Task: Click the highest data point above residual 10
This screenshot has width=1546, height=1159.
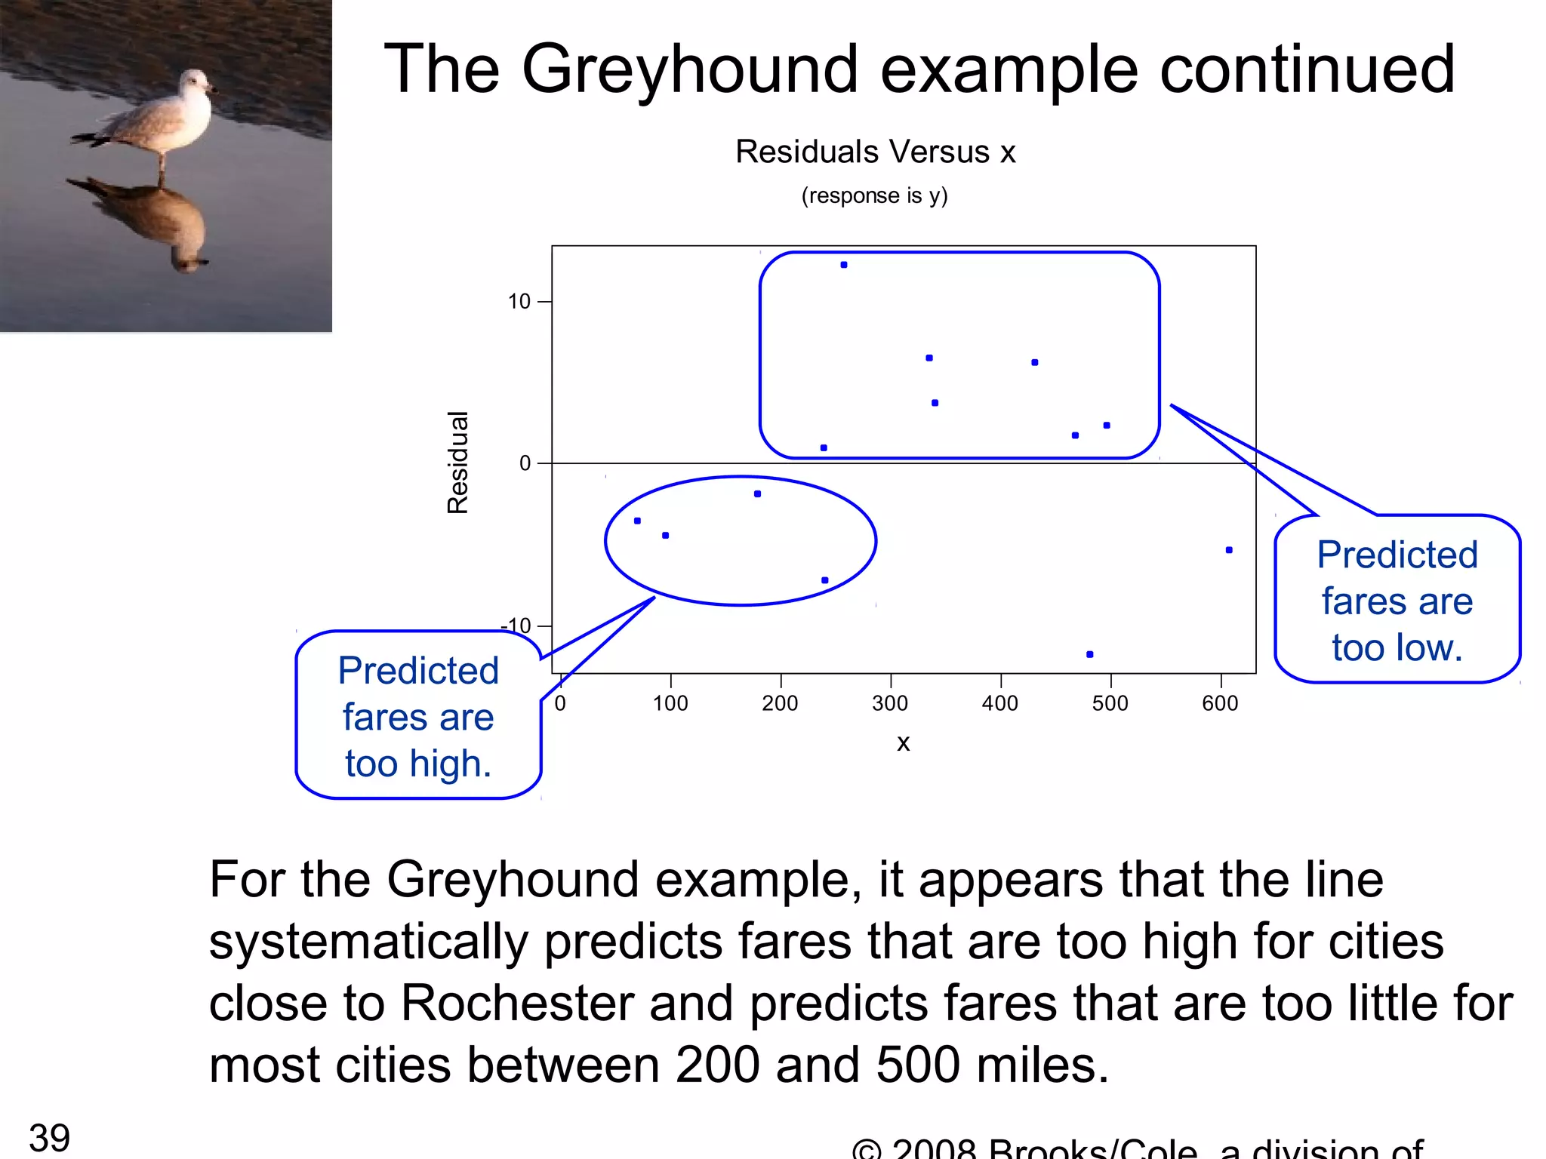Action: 844,265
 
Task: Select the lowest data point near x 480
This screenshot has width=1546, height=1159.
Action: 1089,654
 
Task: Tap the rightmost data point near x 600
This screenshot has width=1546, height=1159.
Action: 1229,550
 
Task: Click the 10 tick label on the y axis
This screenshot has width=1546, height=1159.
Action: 519,302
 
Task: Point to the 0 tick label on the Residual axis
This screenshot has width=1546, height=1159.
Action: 525,463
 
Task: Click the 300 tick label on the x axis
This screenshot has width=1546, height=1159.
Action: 890,703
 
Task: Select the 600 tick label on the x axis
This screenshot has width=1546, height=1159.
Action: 1220,703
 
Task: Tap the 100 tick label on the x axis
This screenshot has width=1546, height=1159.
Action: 670,703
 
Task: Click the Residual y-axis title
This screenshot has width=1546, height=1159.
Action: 458,463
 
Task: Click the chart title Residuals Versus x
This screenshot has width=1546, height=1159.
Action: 875,152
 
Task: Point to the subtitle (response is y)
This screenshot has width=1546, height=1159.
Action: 874,195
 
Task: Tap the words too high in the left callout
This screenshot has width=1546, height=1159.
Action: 418,764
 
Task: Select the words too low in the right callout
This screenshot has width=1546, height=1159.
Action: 1397,647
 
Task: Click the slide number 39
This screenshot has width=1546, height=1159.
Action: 49,1138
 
